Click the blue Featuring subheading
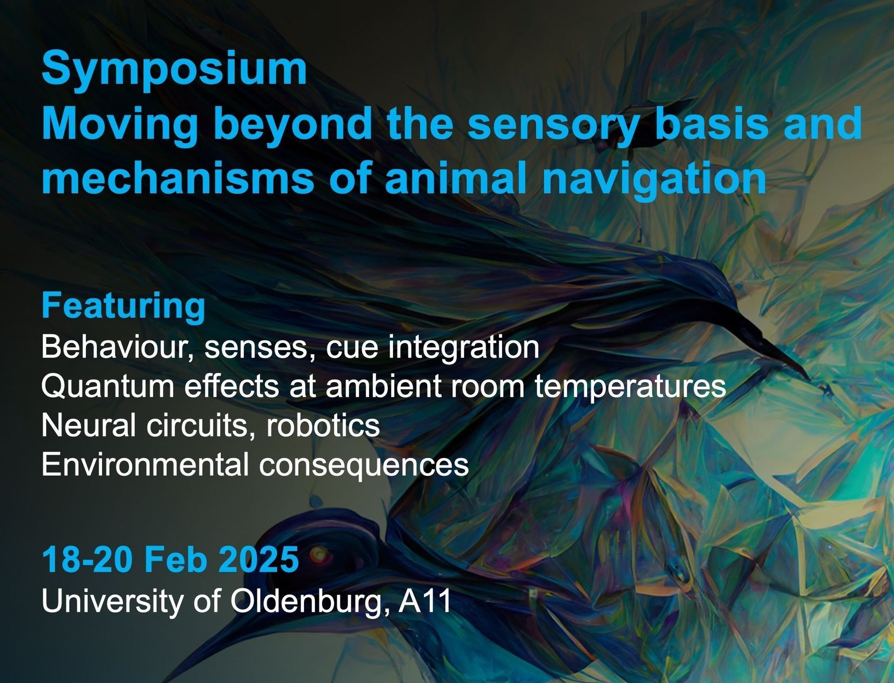124,306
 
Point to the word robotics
323,425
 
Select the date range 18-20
87,559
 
